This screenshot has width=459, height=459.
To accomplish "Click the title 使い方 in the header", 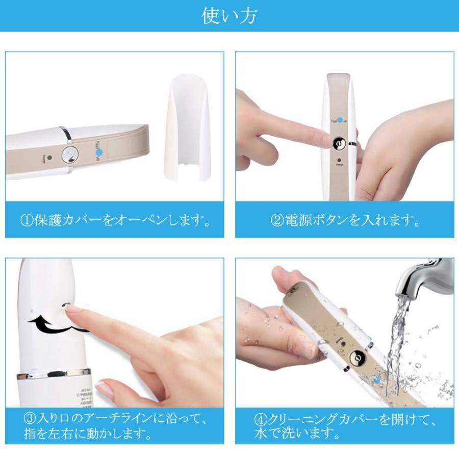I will (x=229, y=16).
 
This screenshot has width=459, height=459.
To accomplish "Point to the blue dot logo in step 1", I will (x=100, y=152).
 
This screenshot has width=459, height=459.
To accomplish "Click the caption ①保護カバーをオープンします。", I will (x=114, y=221).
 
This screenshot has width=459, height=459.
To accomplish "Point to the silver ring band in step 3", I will (x=54, y=375).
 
